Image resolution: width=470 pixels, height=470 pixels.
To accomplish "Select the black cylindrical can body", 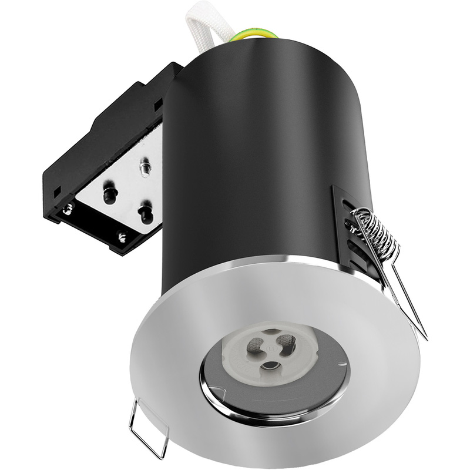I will coord(258,153).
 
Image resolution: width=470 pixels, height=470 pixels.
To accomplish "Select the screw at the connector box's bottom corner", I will coord(122,237).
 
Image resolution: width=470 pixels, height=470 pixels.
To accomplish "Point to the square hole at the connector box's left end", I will coord(57,192).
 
